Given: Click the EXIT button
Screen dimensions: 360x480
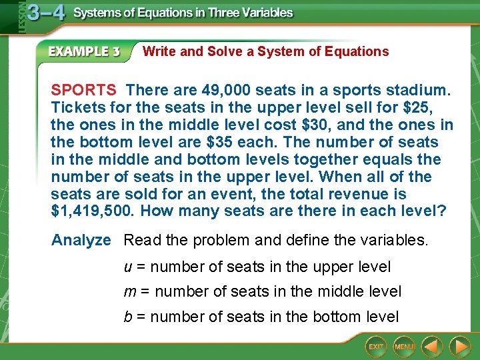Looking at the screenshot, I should pos(377,347).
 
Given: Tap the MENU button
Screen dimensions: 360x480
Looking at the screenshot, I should pos(404,347).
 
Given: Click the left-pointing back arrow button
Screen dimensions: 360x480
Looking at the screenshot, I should pos(432,346).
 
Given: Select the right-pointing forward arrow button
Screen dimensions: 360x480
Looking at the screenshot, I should pos(459,346).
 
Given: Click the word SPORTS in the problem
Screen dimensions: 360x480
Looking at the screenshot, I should pos(84,90).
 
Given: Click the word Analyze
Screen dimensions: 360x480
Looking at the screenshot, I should pos(81,240).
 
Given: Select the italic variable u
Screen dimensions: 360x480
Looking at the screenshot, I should pos(128,267).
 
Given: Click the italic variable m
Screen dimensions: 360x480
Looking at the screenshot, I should pos(129,291).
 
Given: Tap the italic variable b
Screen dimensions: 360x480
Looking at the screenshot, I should pos(128,316).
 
